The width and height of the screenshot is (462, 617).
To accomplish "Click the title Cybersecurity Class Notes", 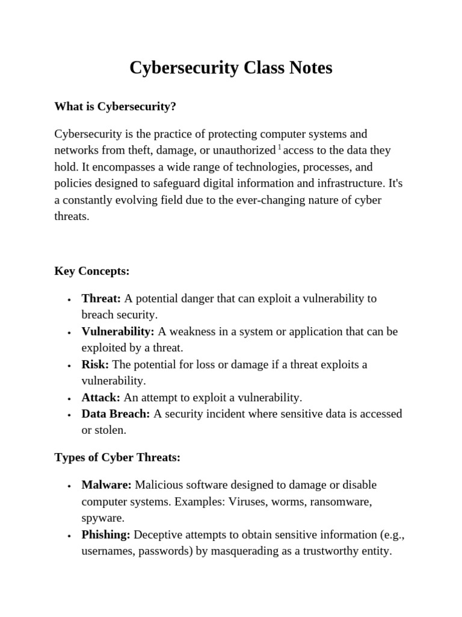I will click(230, 68).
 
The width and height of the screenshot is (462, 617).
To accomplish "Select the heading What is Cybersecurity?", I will click(115, 107).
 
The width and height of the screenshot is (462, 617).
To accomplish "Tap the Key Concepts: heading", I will click(92, 271).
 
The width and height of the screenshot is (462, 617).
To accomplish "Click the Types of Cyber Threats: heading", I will click(117, 457).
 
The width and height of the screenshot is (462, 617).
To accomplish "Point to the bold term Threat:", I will click(101, 298).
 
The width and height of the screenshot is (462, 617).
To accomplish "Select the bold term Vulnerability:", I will click(118, 331).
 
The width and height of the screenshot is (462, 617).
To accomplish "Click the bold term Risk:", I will click(95, 365).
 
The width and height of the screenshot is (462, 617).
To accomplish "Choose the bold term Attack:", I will click(101, 398).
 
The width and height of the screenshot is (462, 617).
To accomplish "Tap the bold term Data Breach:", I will click(116, 414).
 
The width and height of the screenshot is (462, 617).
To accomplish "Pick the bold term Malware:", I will click(106, 485).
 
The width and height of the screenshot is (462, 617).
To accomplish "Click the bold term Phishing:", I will click(106, 535).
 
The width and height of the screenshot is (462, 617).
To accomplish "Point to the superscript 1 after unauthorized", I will click(280, 148).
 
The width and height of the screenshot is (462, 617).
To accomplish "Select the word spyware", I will click(102, 518).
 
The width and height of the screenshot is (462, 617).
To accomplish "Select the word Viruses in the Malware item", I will click(248, 501).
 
